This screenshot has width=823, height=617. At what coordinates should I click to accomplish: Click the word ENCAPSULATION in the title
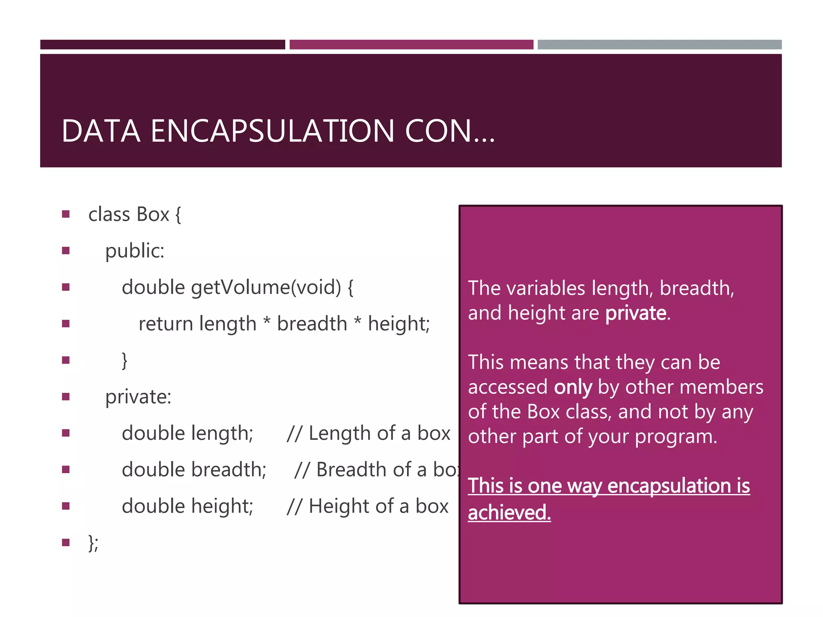coord(272,131)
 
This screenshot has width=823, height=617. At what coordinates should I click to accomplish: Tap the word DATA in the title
coord(101,131)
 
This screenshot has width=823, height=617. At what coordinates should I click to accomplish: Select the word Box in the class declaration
coord(153,215)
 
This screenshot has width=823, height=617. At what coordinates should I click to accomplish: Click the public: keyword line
coord(135,251)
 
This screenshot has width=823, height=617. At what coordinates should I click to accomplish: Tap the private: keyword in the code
coord(138,397)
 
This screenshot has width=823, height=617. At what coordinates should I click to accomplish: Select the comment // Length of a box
coord(369,433)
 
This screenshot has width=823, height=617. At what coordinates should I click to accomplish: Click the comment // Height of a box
coord(367,506)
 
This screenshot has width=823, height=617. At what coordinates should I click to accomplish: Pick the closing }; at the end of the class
coord(93,543)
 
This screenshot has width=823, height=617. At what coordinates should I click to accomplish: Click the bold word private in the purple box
coord(635,313)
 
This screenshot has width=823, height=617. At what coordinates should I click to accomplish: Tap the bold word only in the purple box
coord(573,387)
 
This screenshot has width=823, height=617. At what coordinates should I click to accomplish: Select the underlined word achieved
coord(509,513)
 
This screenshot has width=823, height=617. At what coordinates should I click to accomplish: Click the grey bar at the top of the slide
coord(659,45)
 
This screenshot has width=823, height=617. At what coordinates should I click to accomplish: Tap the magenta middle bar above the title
coord(411,45)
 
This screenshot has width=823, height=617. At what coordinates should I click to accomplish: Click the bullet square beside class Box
coord(66,214)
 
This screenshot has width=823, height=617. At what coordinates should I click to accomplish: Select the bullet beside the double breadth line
coord(66,470)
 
